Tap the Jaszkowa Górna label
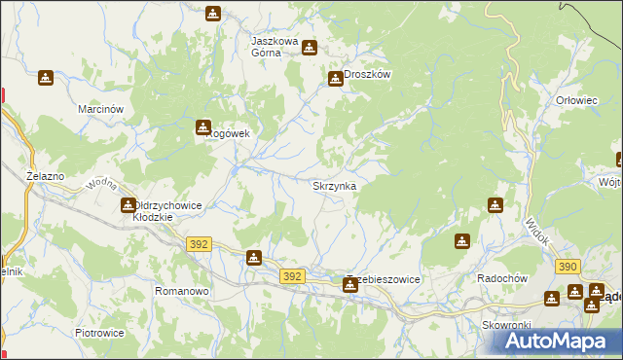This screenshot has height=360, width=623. click(x=279, y=47)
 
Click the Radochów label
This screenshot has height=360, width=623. click(x=501, y=277)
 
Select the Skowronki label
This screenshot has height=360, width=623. click(x=503, y=325)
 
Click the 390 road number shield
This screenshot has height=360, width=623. click(x=568, y=266)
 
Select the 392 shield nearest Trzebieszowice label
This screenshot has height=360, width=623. click(x=292, y=276)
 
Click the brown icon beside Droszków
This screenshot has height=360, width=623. click(x=336, y=78)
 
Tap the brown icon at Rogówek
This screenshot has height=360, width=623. click(x=203, y=126)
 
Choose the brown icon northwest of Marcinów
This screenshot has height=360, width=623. click(x=46, y=78)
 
